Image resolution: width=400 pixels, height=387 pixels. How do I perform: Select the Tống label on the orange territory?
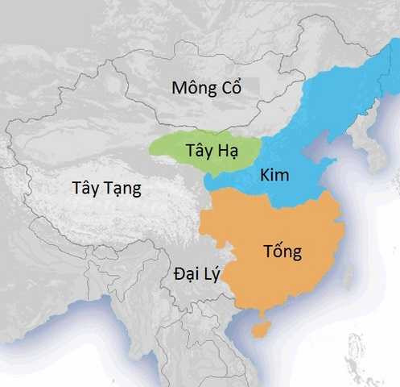282,252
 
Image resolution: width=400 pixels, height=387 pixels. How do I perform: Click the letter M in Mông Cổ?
179,88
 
